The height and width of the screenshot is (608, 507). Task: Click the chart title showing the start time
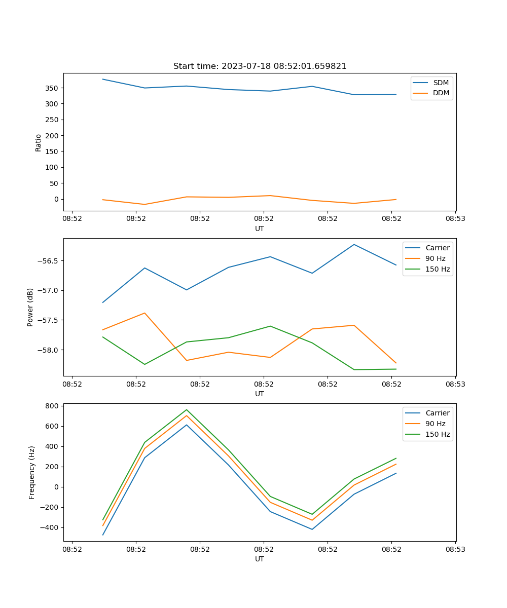tap(260, 66)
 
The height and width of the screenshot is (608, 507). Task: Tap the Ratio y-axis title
tap(39, 142)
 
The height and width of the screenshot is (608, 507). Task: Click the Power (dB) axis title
tap(30, 307)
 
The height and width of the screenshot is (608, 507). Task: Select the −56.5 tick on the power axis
tap(47, 261)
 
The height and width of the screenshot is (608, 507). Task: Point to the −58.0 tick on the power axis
tap(47, 350)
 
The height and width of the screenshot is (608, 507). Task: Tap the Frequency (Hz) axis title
tap(31, 472)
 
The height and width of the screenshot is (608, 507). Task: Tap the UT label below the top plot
tap(260, 229)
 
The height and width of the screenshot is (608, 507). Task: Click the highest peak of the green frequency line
tap(187, 409)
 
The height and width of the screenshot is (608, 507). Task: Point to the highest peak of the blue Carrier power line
tap(354, 244)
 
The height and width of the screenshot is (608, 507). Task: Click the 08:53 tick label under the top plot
tap(455, 219)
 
